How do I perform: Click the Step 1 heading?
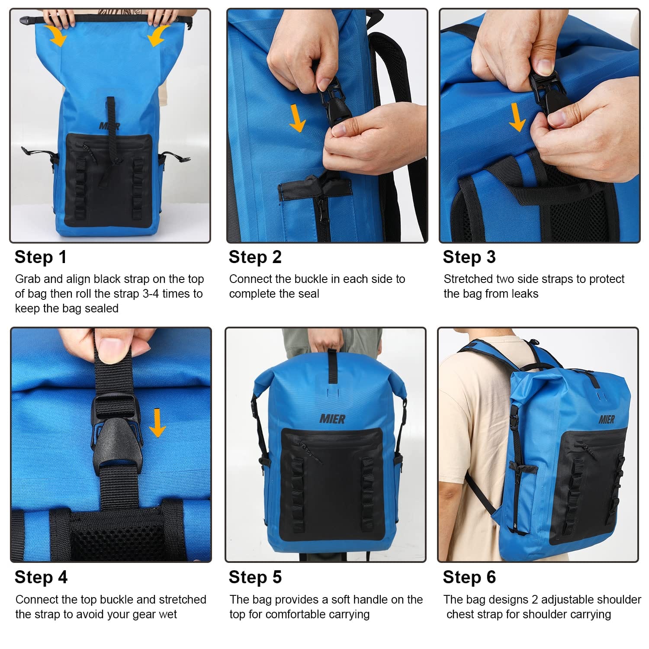(x=41, y=257)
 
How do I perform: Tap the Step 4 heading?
(x=41, y=577)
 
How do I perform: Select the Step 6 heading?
(x=469, y=577)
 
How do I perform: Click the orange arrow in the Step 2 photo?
(x=297, y=118)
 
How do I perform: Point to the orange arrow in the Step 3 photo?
(x=517, y=117)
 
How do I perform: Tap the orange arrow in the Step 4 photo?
(x=157, y=423)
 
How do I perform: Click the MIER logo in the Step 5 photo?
(x=332, y=419)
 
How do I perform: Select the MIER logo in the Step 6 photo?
(x=607, y=419)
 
